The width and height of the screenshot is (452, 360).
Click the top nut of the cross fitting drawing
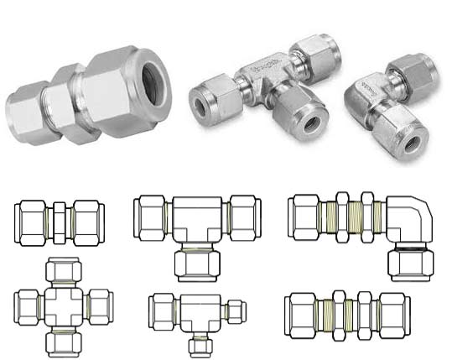click(62, 270)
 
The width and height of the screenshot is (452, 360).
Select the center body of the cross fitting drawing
click(63, 307)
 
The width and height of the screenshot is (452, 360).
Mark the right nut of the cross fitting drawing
click(98, 306)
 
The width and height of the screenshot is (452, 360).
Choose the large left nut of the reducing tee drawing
click(162, 310)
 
